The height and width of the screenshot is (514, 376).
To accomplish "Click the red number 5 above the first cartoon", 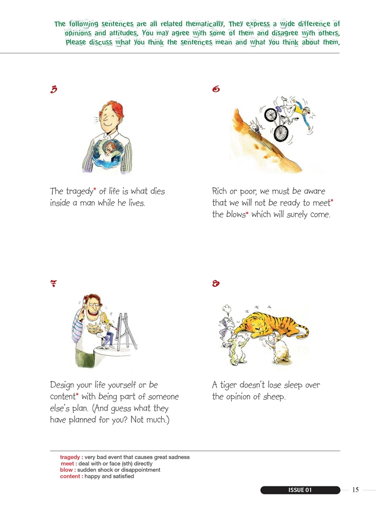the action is pyautogui.click(x=54, y=89).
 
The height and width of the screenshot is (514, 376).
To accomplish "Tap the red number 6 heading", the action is pyautogui.click(x=216, y=89).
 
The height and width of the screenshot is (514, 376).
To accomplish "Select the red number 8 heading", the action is pyautogui.click(x=216, y=283).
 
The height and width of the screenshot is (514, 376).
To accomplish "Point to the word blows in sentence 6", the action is pyautogui.click(x=235, y=214).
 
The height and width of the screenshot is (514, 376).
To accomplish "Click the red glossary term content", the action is pyautogui.click(x=70, y=476).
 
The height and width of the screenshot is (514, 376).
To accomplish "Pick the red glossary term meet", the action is pyautogui.click(x=68, y=464).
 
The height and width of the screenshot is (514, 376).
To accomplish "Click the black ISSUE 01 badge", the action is pyautogui.click(x=300, y=490).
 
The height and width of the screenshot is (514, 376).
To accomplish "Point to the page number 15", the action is pyautogui.click(x=355, y=490).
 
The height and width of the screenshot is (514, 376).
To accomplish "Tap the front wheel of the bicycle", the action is pyautogui.click(x=280, y=133).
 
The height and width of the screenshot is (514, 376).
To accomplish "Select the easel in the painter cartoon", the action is pyautogui.click(x=126, y=331).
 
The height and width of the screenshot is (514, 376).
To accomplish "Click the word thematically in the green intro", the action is pyautogui.click(x=205, y=24).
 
